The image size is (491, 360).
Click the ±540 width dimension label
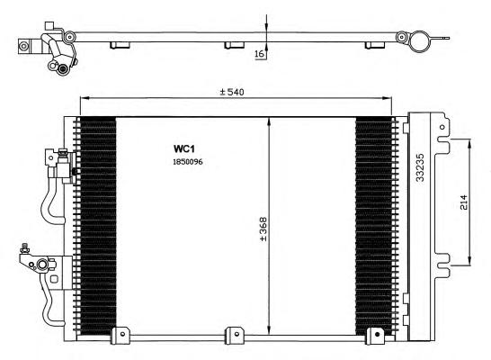click(x=232, y=92)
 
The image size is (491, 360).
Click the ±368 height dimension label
click(x=263, y=229)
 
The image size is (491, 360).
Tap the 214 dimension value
click(x=463, y=202)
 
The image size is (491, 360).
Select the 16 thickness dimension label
click(x=260, y=54)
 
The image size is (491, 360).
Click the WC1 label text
click(x=184, y=148)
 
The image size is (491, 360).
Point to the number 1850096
click(x=188, y=162)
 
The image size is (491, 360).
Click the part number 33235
click(x=420, y=167)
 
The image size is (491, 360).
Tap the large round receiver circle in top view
click(x=420, y=41)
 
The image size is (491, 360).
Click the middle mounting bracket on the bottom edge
click(x=234, y=335)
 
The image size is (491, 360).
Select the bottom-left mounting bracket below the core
click(x=121, y=335)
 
